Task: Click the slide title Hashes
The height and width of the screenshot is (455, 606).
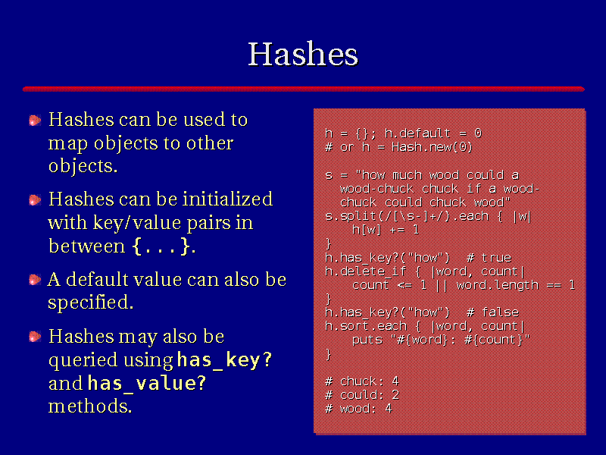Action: tap(303, 54)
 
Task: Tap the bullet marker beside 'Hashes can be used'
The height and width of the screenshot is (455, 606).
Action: tap(35, 121)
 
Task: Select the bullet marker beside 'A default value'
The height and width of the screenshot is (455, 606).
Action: tap(35, 280)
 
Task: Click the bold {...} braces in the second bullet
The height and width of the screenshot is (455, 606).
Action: tap(161, 246)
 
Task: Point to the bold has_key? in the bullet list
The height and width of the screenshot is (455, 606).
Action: tap(224, 360)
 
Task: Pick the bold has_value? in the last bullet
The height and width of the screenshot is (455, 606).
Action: tap(147, 384)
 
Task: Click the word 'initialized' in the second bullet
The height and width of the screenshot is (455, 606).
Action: tap(228, 199)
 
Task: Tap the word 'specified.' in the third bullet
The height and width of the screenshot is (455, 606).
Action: tap(91, 303)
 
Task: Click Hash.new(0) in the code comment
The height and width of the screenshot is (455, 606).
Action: tap(432, 147)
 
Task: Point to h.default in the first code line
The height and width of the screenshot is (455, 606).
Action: tap(417, 133)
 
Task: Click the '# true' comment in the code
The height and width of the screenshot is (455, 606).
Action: tap(489, 258)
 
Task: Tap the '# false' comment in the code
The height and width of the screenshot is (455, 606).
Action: tap(493, 312)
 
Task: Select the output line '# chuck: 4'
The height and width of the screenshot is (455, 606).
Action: tap(362, 381)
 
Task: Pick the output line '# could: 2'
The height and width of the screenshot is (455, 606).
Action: tap(362, 395)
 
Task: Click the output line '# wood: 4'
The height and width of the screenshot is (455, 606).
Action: tap(358, 409)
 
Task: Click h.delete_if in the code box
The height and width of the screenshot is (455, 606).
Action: tap(366, 271)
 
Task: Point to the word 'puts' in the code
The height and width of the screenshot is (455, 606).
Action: tap(367, 340)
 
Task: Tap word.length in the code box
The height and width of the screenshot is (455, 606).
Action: tap(498, 286)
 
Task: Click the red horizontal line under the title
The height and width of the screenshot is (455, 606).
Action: tap(304, 89)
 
